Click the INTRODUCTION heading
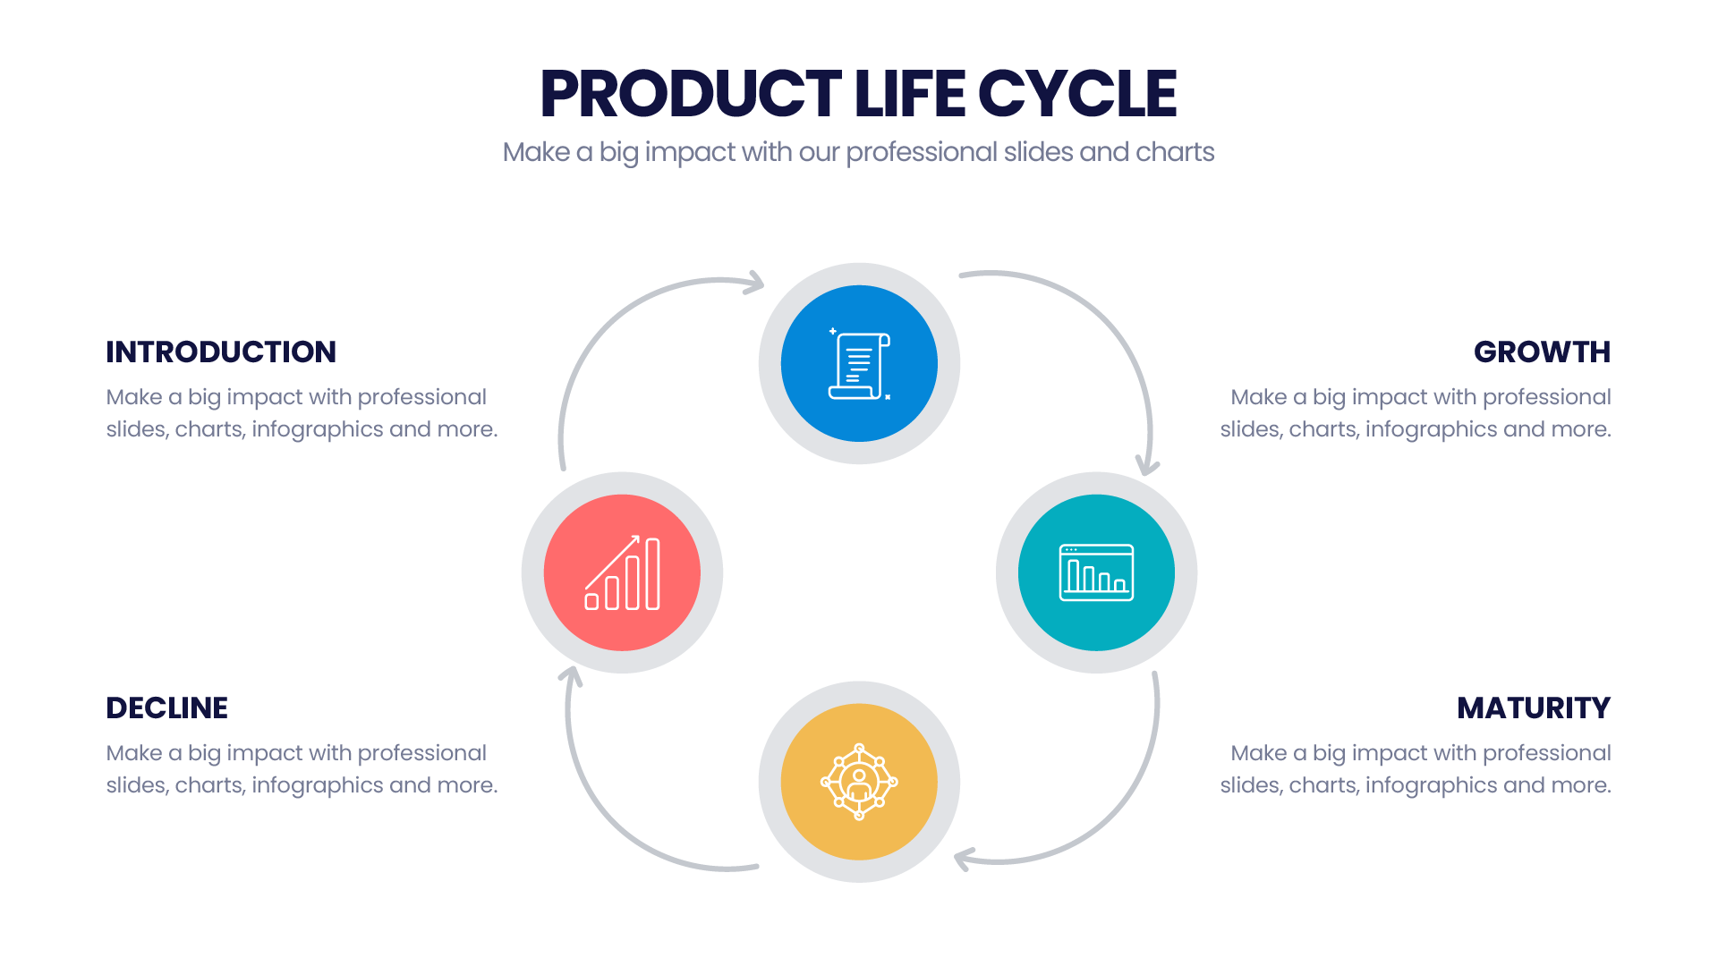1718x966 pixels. (x=221, y=352)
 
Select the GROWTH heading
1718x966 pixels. (x=1542, y=352)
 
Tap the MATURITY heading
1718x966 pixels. (x=1534, y=708)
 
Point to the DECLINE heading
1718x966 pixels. (x=166, y=708)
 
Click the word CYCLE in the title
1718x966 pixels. (x=1077, y=93)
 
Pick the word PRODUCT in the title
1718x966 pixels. (x=691, y=93)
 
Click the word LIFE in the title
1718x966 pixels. (x=909, y=93)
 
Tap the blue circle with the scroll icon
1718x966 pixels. (x=859, y=363)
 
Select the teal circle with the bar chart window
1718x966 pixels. (x=1096, y=572)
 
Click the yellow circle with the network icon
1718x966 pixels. (x=859, y=782)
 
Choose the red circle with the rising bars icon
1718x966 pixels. (x=622, y=572)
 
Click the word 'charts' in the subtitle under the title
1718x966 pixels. (x=1175, y=152)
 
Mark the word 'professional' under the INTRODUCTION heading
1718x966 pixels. (x=422, y=397)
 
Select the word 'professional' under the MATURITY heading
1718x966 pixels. (x=1547, y=753)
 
